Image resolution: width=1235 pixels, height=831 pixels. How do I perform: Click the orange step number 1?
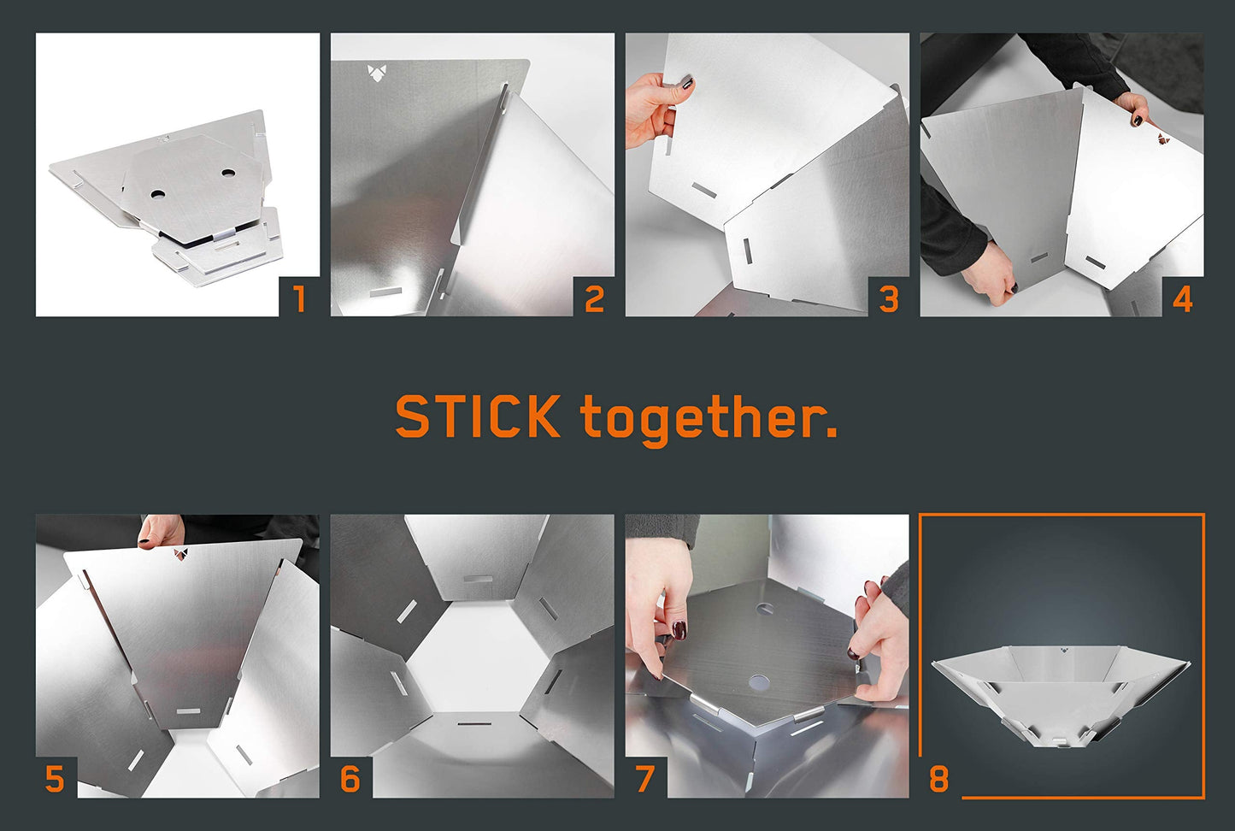tap(299, 299)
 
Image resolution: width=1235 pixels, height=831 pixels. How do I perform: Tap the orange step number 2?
tap(594, 299)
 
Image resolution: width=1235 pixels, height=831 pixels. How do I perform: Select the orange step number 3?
tap(889, 299)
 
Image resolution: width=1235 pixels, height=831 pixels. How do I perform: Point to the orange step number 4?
tap(1183, 299)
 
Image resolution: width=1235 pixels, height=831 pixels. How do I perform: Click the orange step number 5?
tap(55, 779)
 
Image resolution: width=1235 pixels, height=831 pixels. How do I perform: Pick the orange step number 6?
tap(350, 779)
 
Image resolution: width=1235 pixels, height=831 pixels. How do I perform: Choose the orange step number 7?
tap(644, 779)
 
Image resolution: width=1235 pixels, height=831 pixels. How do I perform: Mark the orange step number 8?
tap(939, 779)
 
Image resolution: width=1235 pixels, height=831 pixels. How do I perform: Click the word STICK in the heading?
tap(478, 416)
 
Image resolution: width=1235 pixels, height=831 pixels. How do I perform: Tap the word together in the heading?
tap(709, 420)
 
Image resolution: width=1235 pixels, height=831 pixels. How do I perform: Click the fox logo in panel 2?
tap(377, 73)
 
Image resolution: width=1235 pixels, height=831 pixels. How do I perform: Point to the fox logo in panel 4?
tap(1163, 139)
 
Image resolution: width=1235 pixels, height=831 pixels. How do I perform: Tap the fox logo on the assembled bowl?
tap(1062, 651)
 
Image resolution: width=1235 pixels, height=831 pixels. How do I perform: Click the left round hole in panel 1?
tap(157, 194)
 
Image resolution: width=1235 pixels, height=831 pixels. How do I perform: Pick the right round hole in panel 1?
tap(227, 174)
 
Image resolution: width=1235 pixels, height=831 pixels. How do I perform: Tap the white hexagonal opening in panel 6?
tap(475, 656)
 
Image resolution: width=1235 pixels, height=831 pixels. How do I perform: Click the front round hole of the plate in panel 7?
tap(759, 682)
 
